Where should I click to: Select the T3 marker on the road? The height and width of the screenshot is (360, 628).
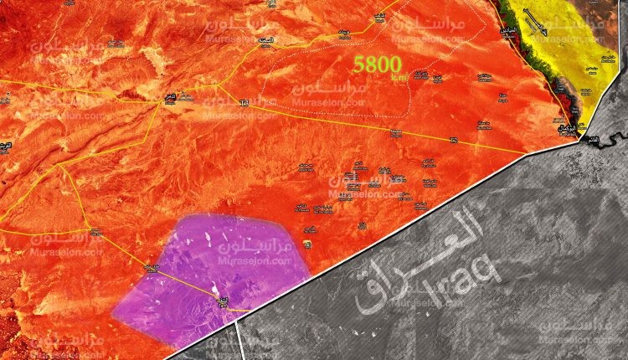[245, 103]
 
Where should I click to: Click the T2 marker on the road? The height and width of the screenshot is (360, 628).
[453, 140]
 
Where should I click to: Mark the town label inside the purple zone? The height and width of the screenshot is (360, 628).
[222, 299]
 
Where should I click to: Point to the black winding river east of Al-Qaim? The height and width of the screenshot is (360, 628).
[615, 134]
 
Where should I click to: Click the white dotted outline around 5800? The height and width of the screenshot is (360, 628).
[266, 84]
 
